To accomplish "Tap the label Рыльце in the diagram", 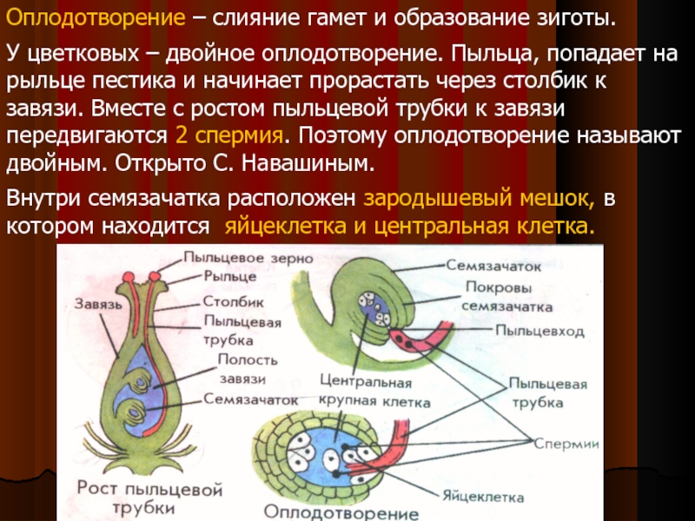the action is [230, 275].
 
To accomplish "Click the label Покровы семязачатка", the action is [506, 297].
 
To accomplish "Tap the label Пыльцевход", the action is [539, 330].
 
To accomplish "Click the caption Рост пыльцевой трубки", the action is [149, 499].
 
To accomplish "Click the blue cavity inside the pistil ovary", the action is [143, 382].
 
